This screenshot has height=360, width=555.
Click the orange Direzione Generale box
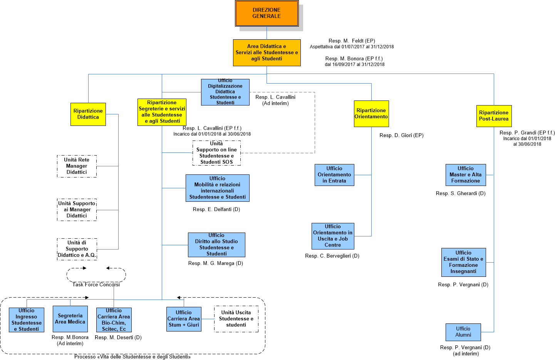click(267, 13)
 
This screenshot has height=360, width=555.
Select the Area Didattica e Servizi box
click(267, 52)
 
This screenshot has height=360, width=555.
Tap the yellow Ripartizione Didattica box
click(88, 114)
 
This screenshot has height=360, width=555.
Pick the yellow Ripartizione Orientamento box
click(371, 114)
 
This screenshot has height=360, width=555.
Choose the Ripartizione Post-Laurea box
click(494, 116)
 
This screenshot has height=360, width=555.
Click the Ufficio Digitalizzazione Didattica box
click(225, 92)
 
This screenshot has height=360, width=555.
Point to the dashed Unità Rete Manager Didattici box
click(77, 166)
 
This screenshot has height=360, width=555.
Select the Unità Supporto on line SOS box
click(216, 153)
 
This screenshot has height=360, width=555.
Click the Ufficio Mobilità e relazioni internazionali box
click(217, 188)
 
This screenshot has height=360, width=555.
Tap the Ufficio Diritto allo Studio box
click(216, 244)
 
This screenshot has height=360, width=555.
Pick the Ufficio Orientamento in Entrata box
click(334, 175)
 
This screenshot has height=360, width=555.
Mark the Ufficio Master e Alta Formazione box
click(466, 175)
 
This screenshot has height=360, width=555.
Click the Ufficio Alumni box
click(463, 332)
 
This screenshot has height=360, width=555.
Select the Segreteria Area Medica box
click(70, 319)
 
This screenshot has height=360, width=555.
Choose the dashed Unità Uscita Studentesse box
click(236, 319)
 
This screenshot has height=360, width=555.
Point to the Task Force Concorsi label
click(96, 285)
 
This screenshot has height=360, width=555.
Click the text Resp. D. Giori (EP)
click(401, 136)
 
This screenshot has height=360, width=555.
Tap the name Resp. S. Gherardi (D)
click(461, 194)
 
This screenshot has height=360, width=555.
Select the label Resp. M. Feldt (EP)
click(352, 41)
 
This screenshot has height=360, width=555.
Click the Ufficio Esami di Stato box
click(463, 262)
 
